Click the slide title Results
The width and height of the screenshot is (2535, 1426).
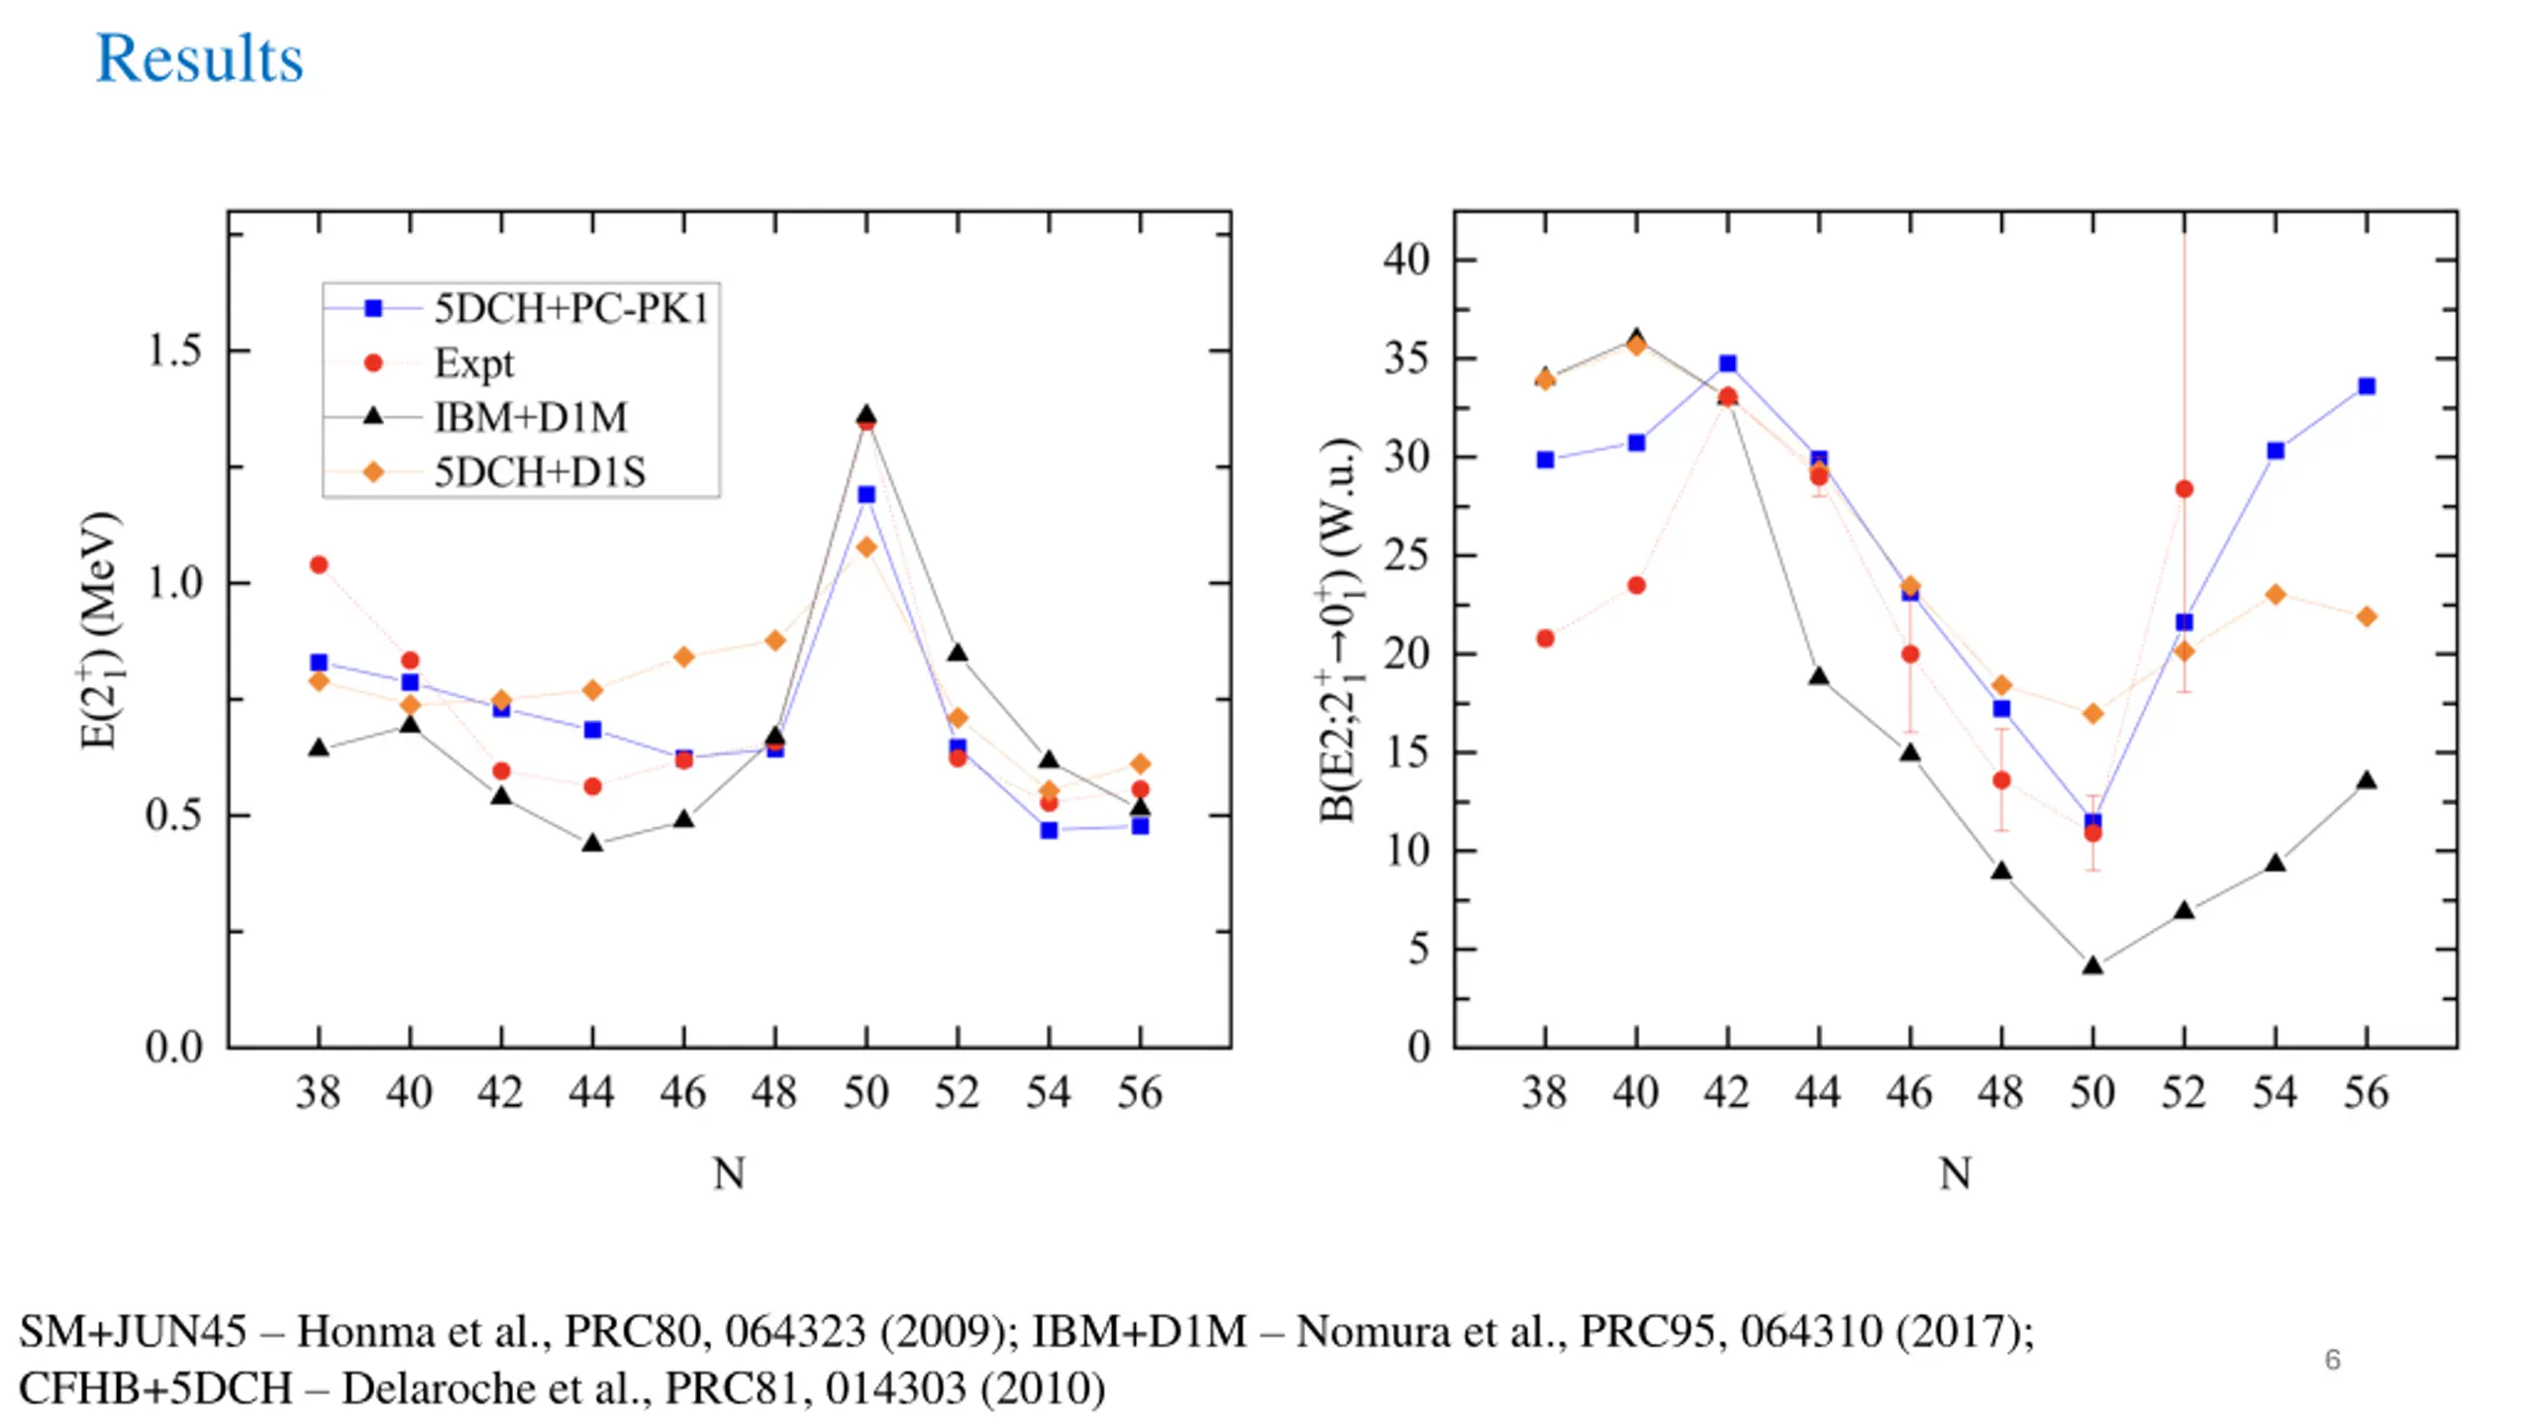199,58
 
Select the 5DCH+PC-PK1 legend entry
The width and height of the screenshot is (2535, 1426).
570,309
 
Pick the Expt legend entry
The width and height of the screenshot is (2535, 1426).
473,363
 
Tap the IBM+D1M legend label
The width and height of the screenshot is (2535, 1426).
531,418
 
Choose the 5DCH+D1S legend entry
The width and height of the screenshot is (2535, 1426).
540,472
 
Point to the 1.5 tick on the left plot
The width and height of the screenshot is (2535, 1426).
174,351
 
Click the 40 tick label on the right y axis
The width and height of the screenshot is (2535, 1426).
1407,259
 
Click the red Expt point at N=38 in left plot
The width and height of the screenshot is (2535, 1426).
319,564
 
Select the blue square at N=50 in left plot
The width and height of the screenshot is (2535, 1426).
866,494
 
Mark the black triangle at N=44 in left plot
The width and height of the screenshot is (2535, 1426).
592,844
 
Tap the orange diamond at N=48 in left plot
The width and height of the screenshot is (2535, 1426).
775,640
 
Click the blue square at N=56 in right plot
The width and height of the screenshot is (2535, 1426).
2367,386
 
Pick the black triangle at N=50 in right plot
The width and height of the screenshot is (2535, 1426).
2092,966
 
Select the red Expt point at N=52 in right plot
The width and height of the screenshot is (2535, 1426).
2184,489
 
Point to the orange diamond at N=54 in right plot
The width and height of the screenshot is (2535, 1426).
2276,594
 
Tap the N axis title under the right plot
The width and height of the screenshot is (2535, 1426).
1955,1173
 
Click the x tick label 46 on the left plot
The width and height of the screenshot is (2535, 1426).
683,1093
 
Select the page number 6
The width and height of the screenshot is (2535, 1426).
2333,1360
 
